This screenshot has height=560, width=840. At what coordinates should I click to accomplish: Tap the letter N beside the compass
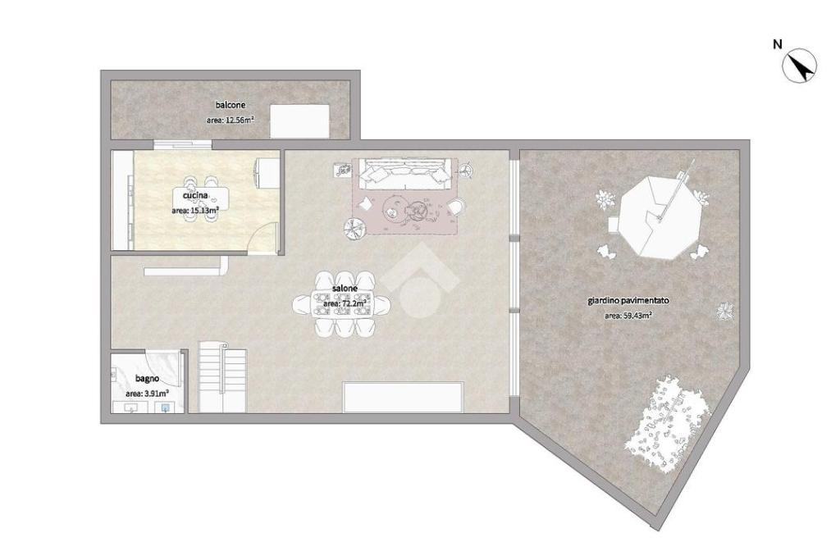778,44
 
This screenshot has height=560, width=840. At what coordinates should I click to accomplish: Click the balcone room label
231,106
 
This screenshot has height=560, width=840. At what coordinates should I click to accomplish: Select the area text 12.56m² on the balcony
231,121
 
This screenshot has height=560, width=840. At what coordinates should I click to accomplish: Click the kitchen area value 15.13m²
195,211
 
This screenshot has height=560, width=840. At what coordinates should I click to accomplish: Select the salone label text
345,289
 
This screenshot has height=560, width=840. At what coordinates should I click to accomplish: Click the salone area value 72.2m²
345,304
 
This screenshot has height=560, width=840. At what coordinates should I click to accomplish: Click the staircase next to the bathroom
222,377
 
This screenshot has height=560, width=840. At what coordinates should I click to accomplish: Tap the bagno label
147,379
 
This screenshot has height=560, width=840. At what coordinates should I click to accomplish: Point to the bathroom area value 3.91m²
147,394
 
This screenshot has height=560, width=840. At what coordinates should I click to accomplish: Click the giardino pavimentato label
628,301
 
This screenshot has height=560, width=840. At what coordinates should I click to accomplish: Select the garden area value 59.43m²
628,316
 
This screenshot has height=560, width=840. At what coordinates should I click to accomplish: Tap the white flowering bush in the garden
667,426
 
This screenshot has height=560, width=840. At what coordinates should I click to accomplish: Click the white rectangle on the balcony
299,121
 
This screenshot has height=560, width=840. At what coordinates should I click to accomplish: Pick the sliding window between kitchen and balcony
182,144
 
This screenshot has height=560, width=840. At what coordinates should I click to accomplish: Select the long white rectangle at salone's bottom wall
403,397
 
